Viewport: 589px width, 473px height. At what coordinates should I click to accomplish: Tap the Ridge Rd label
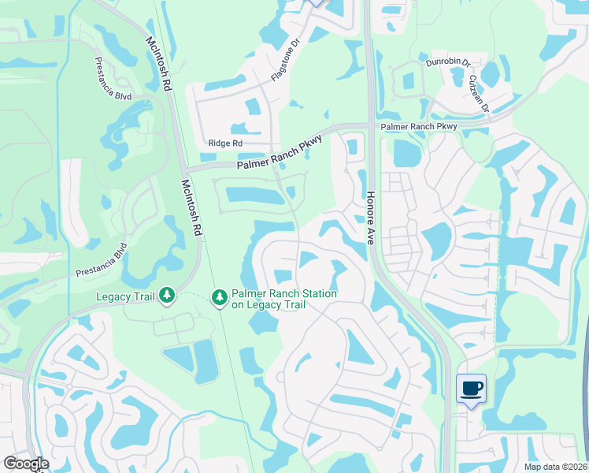click(x=225, y=143)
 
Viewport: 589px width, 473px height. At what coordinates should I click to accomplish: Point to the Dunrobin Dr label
click(x=447, y=61)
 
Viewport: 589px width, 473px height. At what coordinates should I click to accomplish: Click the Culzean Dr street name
click(x=480, y=94)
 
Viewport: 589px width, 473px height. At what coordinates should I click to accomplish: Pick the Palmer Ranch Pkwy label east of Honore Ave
click(x=418, y=126)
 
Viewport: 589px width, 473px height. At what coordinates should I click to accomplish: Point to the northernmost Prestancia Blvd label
click(x=112, y=79)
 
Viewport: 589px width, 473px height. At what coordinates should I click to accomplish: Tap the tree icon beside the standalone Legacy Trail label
click(x=167, y=296)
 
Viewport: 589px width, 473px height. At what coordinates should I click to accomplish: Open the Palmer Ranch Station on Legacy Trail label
click(x=283, y=299)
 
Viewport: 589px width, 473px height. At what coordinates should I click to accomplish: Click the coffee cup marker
click(x=471, y=388)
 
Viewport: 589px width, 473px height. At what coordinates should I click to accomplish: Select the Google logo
click(x=26, y=464)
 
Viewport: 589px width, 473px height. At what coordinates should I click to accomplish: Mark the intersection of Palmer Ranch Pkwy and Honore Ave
click(x=369, y=126)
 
